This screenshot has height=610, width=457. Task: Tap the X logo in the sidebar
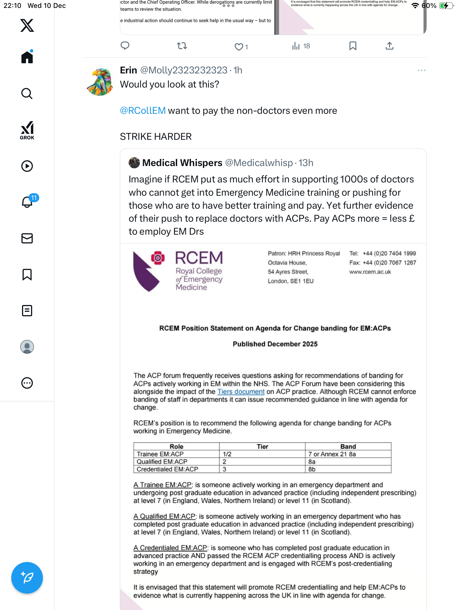point(27,25)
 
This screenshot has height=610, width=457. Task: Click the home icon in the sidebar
point(27,57)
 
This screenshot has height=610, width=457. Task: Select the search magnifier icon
point(27,93)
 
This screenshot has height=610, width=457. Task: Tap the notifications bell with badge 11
point(27,202)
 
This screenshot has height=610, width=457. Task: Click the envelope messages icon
point(27,238)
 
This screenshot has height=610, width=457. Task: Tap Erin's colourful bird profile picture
point(100,81)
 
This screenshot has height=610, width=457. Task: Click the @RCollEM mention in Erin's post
point(143,111)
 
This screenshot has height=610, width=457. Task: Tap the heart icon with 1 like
point(239,47)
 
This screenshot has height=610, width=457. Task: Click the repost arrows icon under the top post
point(182,46)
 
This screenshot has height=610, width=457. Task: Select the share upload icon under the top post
point(389,46)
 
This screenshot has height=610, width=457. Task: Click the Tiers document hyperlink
point(241,392)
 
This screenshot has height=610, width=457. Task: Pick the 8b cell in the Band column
point(312,469)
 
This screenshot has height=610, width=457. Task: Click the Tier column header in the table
point(262,446)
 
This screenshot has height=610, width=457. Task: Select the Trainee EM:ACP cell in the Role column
point(160,454)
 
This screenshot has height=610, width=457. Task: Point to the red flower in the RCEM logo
point(158,258)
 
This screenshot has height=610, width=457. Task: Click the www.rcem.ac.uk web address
point(370,272)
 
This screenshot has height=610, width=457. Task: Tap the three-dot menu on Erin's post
point(421,70)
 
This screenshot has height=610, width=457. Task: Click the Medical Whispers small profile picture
point(134,163)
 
